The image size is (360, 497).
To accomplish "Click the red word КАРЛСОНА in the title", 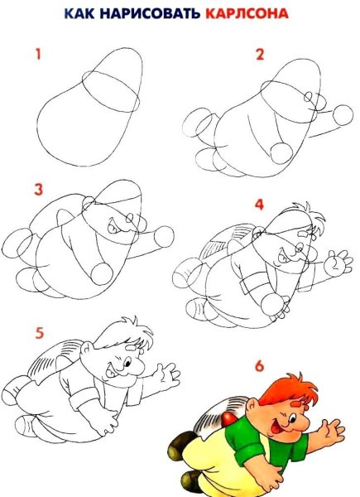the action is point(247,13).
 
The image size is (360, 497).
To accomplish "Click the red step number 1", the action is point(38,54).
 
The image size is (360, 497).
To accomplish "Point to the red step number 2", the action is point(260,54).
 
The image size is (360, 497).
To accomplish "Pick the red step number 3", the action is point(38,190).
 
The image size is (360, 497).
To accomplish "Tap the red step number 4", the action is point(259,205).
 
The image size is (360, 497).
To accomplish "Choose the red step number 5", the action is point(39,333).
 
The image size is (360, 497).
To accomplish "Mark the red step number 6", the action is point(259,366).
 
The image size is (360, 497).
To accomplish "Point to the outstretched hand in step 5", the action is point(167,375).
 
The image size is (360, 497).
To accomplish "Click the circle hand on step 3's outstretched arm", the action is point(164,236).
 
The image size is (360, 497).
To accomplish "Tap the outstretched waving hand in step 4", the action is point(338,263).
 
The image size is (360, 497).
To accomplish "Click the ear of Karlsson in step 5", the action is point(86,349).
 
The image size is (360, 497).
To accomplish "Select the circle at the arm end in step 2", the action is point(343,115).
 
